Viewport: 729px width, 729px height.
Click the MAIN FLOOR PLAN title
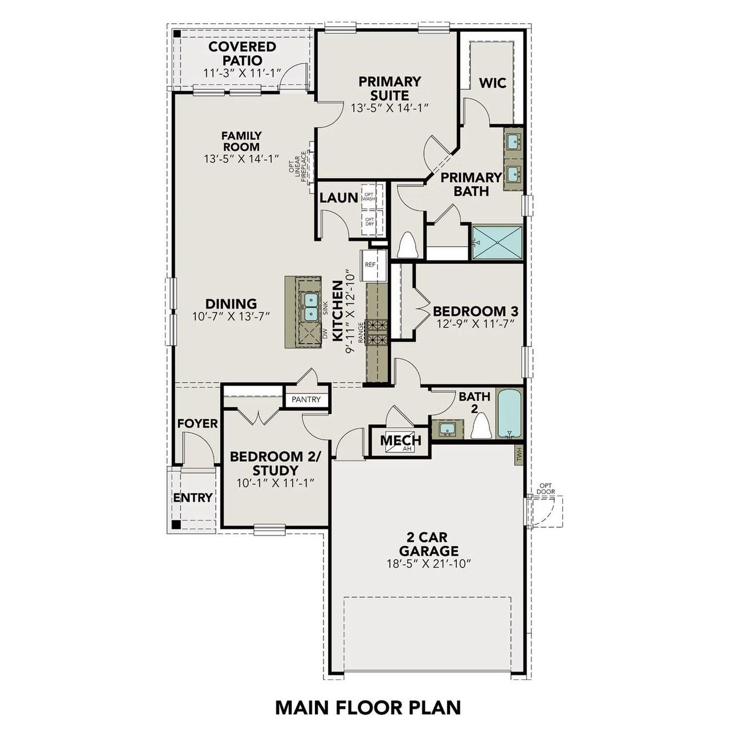pyautogui.click(x=368, y=707)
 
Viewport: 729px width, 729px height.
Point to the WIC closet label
pyautogui.click(x=493, y=83)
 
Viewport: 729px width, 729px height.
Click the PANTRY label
pyautogui.click(x=306, y=400)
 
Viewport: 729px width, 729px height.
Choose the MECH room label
pyautogui.click(x=400, y=440)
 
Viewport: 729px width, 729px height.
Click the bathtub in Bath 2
pyautogui.click(x=509, y=413)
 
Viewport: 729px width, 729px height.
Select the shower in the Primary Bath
pyautogui.click(x=497, y=242)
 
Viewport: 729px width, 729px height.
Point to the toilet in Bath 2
pyautogui.click(x=481, y=426)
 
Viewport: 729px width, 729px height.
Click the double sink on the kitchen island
pyautogui.click(x=310, y=306)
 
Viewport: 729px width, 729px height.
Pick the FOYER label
pyautogui.click(x=197, y=424)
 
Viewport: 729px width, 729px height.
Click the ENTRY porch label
pyautogui.click(x=193, y=498)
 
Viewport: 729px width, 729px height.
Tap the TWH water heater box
pyautogui.click(x=519, y=454)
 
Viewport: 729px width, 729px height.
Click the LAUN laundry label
pyautogui.click(x=338, y=198)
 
